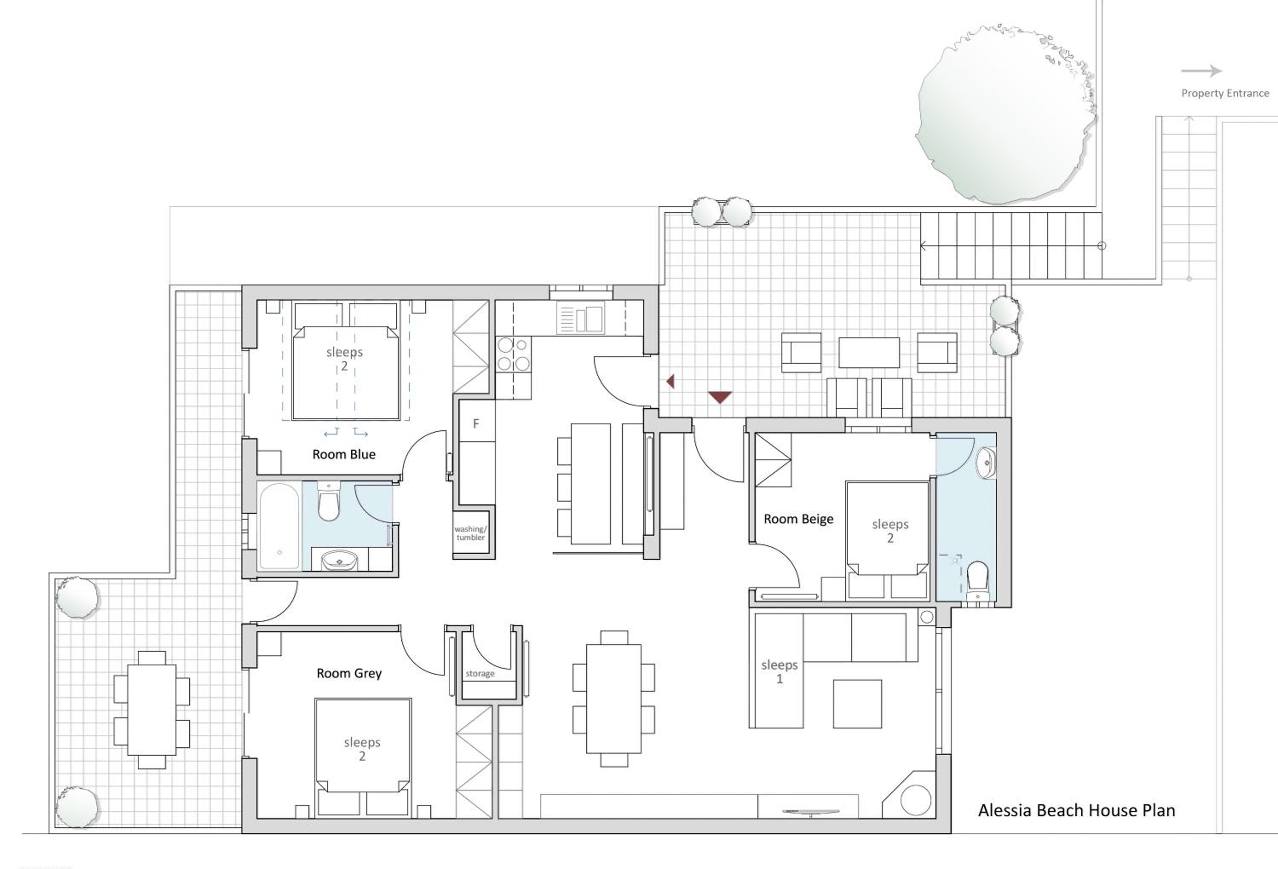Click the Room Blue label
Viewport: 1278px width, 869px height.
[344, 454]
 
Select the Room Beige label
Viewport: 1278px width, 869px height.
[798, 519]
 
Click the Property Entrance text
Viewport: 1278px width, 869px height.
[1225, 93]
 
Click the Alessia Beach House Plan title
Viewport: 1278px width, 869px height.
[1076, 810]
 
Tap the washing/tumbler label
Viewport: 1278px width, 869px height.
[471, 533]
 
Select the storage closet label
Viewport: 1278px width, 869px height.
[480, 674]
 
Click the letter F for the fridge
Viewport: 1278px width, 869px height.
[476, 423]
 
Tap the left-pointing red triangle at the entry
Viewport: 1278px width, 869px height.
[671, 381]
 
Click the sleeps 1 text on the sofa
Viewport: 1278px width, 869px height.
[779, 671]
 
